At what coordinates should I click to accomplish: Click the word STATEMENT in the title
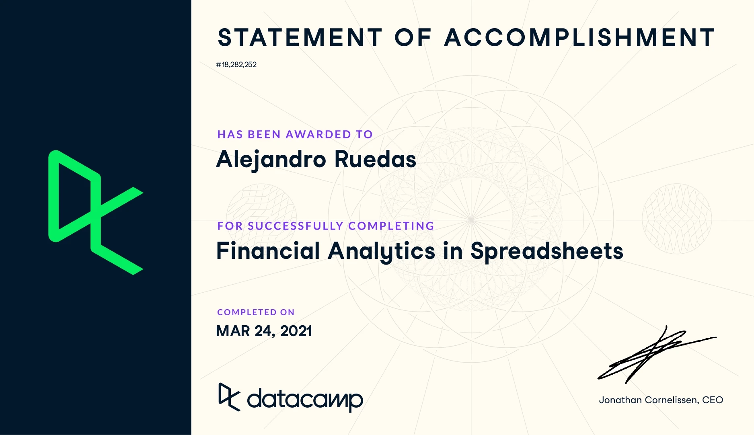300,37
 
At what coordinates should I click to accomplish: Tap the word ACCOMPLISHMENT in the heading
579,37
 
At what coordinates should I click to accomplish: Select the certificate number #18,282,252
236,64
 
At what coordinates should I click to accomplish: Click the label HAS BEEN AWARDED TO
295,134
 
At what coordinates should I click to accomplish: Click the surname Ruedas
375,159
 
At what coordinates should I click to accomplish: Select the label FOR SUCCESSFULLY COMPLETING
326,226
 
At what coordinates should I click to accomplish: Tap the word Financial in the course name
268,250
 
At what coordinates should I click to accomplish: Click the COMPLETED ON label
256,312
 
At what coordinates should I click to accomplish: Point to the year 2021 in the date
296,331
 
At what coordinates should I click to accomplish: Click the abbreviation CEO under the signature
713,400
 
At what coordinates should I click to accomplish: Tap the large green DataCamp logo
96,212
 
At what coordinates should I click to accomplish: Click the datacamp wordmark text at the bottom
305,399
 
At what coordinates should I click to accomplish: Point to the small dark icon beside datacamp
229,397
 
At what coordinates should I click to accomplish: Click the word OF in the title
413,37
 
